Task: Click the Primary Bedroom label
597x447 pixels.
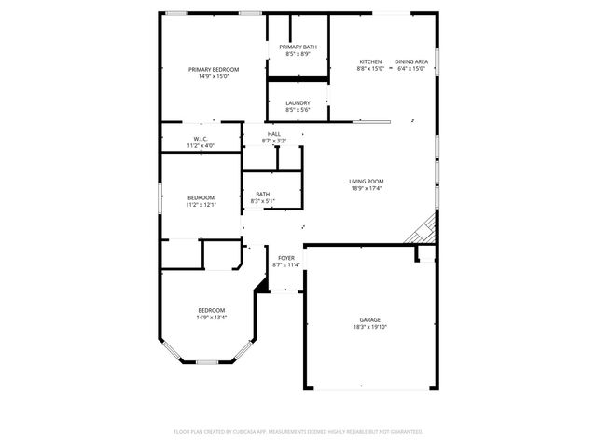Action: tap(214, 70)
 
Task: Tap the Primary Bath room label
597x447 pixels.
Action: tap(298, 47)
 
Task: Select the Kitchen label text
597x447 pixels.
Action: tap(370, 61)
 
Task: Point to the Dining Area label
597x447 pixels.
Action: tap(411, 61)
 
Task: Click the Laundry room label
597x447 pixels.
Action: tap(298, 102)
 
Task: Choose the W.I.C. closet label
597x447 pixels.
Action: tap(201, 139)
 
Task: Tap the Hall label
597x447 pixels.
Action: tap(274, 134)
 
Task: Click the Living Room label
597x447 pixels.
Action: tap(367, 182)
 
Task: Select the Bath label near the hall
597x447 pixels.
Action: tap(263, 194)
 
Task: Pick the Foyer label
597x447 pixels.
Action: tap(286, 258)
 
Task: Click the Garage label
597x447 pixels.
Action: tap(370, 319)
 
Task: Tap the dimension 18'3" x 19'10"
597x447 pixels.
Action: tap(370, 327)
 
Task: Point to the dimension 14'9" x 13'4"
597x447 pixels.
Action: tap(211, 318)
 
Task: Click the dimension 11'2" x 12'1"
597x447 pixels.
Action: tap(201, 204)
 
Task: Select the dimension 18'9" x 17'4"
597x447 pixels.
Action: tap(367, 189)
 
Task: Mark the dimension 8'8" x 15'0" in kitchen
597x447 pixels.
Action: tap(370, 69)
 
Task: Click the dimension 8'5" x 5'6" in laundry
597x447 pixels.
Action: tap(298, 110)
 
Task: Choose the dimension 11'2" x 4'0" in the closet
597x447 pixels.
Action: tap(201, 146)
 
